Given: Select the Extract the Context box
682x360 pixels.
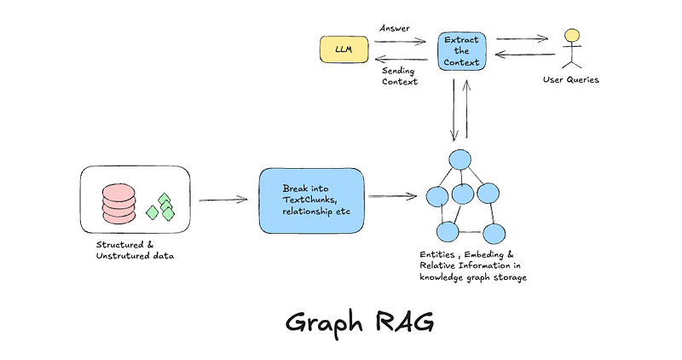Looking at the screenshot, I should coord(460,51).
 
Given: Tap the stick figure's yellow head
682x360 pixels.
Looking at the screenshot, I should coord(572,35).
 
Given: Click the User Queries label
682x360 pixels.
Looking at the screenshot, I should coord(571,79).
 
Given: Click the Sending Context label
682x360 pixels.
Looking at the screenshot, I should coord(399,74).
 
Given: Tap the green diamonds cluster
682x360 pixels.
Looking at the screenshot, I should coord(161,208).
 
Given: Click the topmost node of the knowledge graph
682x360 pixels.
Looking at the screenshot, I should coord(460,160).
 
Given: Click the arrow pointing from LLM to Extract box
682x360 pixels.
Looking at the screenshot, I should coord(397,40).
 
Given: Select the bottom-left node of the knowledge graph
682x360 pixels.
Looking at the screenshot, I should coord(445,232).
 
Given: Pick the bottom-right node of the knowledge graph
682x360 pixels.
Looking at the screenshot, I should coord(492,232).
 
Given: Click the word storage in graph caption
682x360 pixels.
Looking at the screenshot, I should coord(507,277).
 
